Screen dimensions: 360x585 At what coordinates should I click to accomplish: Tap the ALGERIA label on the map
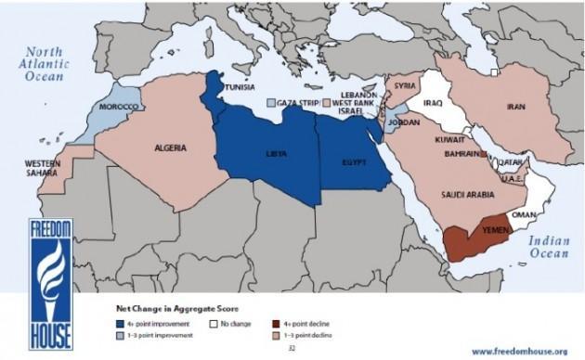(171, 148)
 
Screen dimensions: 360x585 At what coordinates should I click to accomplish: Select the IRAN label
(516, 107)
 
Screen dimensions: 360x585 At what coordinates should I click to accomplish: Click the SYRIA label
(404, 85)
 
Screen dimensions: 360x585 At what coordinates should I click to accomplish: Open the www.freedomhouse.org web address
(525, 351)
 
